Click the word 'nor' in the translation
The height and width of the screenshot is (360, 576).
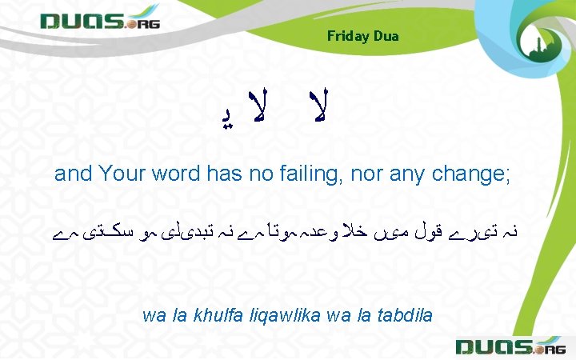(365, 174)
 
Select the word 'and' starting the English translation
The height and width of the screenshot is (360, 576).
(70, 174)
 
